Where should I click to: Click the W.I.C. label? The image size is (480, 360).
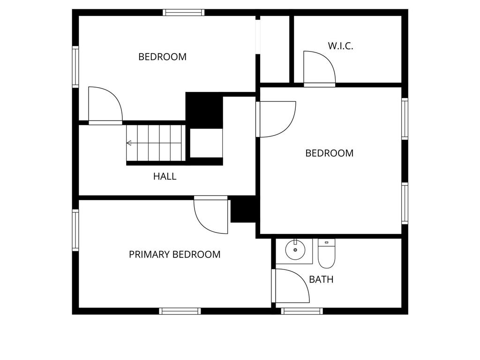340,46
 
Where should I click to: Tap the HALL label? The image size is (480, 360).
165,176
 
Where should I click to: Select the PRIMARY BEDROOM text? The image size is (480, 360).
174,255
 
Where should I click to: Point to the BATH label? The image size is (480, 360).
321,280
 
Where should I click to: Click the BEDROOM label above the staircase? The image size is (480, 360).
162,57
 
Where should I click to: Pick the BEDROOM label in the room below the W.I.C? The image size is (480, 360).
329,153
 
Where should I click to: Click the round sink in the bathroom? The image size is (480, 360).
295,250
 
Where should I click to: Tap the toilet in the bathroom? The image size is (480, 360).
326,253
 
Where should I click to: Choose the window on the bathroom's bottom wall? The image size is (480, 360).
302,311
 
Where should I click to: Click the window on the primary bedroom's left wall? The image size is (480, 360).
75,230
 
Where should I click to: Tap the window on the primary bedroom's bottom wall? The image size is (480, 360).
180,311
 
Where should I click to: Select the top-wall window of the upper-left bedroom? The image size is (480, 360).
184,13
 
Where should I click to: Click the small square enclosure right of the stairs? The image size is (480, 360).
206,143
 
